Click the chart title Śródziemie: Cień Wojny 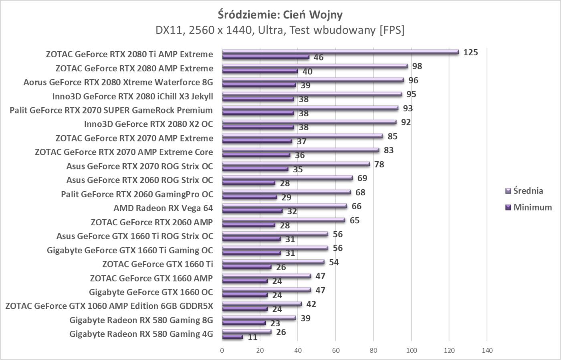tap(280, 15)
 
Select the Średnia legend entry tap(528, 191)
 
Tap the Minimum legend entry tap(532, 207)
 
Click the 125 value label tap(470, 52)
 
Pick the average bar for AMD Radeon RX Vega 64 tap(285, 206)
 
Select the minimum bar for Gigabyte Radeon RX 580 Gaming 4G tap(232, 337)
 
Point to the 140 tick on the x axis tap(487, 351)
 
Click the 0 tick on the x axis tap(222, 351)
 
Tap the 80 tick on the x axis tap(373, 351)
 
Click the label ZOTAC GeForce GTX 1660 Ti tap(157, 264)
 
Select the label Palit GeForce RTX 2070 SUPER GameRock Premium tap(111, 110)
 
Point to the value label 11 tap(252, 337)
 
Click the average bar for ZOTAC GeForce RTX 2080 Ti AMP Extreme tap(341, 52)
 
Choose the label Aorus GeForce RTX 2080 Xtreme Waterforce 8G tap(118, 82)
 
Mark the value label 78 tap(379, 164)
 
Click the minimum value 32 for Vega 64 tap(292, 211)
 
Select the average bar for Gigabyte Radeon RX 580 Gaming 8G tap(259, 318)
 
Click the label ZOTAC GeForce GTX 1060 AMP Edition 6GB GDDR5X tap(109, 306)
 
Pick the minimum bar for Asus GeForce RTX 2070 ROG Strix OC tap(255, 169)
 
